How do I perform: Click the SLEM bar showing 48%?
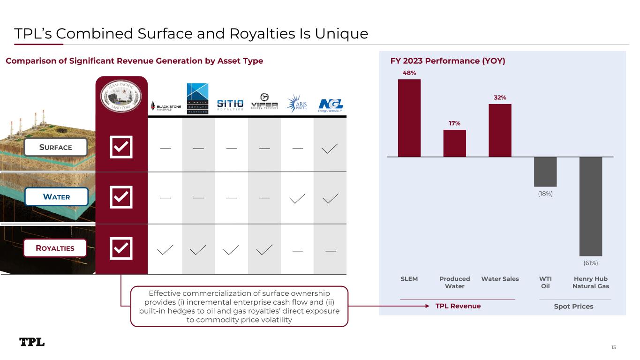click(409, 118)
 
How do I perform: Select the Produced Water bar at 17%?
click(454, 143)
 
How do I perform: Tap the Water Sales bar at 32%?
click(500, 130)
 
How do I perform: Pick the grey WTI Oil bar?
click(545, 172)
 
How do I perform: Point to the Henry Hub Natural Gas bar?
click(591, 206)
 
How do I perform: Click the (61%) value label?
click(591, 263)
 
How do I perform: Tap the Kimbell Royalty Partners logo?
click(197, 98)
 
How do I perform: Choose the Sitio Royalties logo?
click(230, 104)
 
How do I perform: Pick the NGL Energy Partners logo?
click(330, 105)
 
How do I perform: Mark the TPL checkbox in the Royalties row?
click(121, 248)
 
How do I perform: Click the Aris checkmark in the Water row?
click(297, 199)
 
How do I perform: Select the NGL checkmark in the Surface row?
click(330, 149)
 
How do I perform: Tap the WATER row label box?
click(57, 197)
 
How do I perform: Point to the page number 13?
click(613, 347)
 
